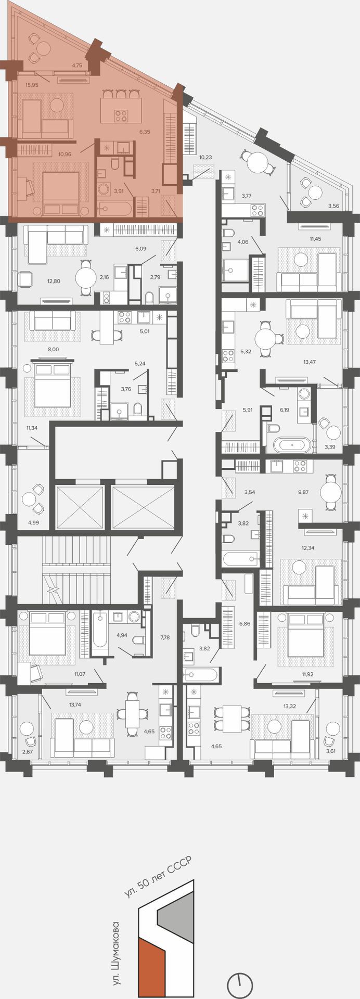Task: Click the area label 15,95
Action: click(32, 85)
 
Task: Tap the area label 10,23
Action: click(205, 157)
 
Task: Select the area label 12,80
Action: click(54, 281)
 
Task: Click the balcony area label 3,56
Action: click(333, 206)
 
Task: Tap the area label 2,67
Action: click(27, 751)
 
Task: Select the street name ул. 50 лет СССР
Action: click(158, 877)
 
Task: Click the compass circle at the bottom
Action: click(240, 984)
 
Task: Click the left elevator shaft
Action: click(80, 507)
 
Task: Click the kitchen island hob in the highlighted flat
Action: click(121, 116)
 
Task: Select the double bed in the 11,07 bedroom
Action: click(47, 633)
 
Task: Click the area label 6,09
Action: click(140, 249)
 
